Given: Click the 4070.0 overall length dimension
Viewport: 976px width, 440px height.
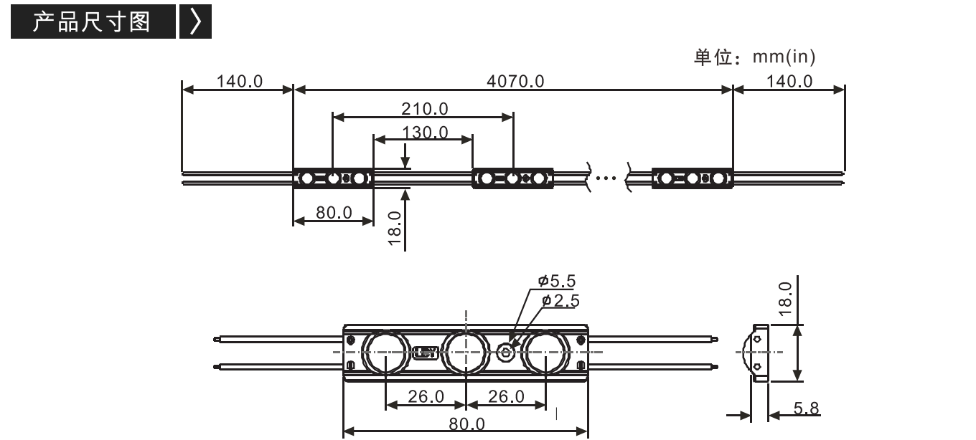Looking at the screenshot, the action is click(515, 82).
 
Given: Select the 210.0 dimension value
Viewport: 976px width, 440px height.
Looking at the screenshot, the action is click(424, 109).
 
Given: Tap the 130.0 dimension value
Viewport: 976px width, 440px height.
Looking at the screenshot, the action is click(425, 133).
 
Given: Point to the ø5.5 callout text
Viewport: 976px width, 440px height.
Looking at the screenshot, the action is click(557, 281).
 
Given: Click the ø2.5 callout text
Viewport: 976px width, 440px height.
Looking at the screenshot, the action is click(560, 301).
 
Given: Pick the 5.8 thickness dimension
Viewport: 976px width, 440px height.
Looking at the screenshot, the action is click(806, 408).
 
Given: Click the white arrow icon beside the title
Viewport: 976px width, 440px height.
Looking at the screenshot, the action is click(196, 21).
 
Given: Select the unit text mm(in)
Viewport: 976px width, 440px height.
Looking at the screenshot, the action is click(784, 57).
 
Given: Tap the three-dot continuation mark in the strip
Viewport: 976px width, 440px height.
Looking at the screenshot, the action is click(606, 178).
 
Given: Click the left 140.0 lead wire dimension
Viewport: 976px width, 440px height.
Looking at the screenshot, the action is click(240, 82).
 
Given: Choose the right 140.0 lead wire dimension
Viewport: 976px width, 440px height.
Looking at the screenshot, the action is click(789, 82).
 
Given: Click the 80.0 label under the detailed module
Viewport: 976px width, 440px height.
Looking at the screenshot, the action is click(466, 424).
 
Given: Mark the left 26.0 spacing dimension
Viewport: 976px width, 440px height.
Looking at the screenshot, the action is click(426, 396).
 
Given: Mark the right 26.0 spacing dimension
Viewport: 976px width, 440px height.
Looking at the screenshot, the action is click(506, 396).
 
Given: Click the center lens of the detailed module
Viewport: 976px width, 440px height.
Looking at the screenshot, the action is click(465, 352).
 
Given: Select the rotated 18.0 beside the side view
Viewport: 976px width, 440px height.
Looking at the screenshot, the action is click(785, 299).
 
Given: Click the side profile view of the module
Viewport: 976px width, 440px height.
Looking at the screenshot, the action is click(758, 353).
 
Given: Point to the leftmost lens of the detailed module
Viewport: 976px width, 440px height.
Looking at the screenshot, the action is click(385, 352).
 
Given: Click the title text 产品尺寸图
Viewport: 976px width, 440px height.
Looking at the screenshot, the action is click(92, 21).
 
